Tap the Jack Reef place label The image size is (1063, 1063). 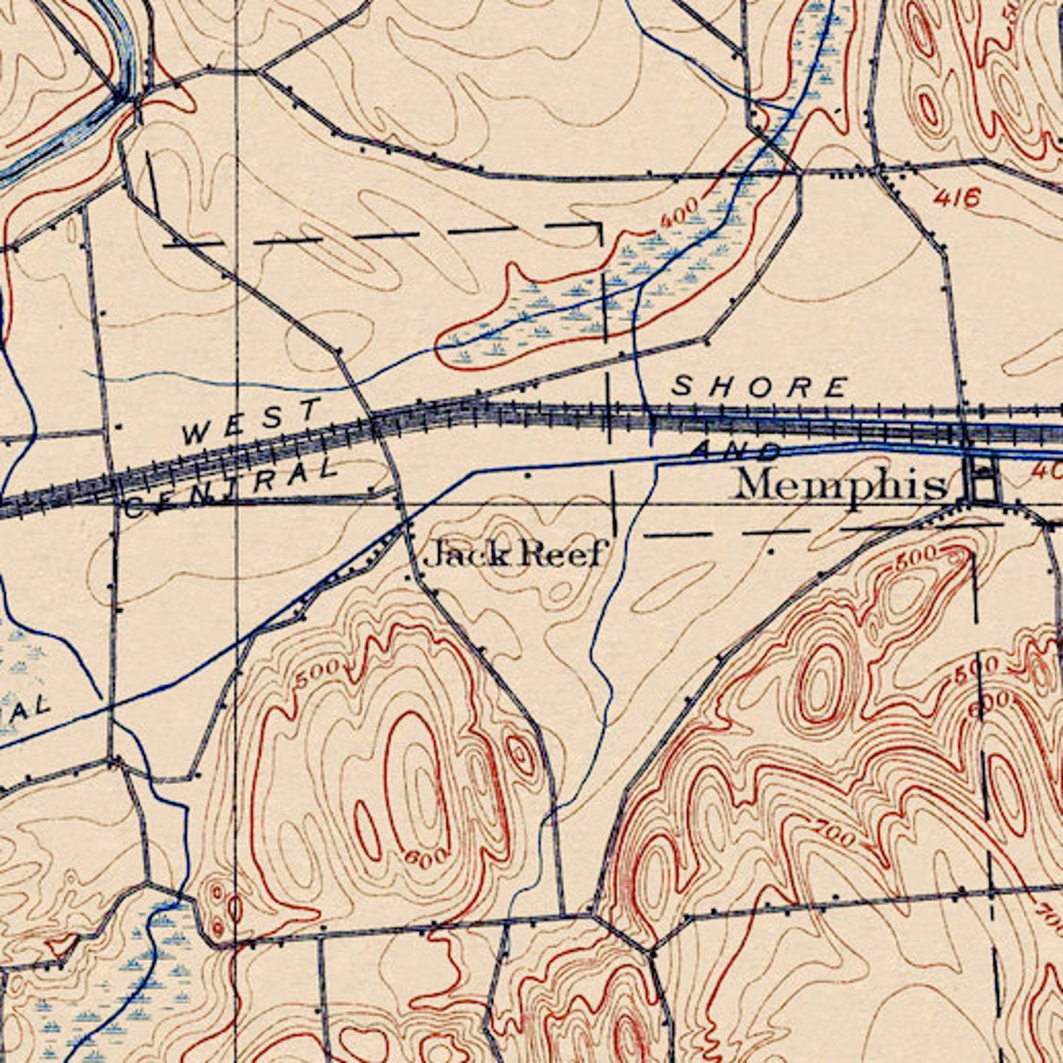516,554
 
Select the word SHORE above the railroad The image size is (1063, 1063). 760,387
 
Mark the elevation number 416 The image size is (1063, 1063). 958,197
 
